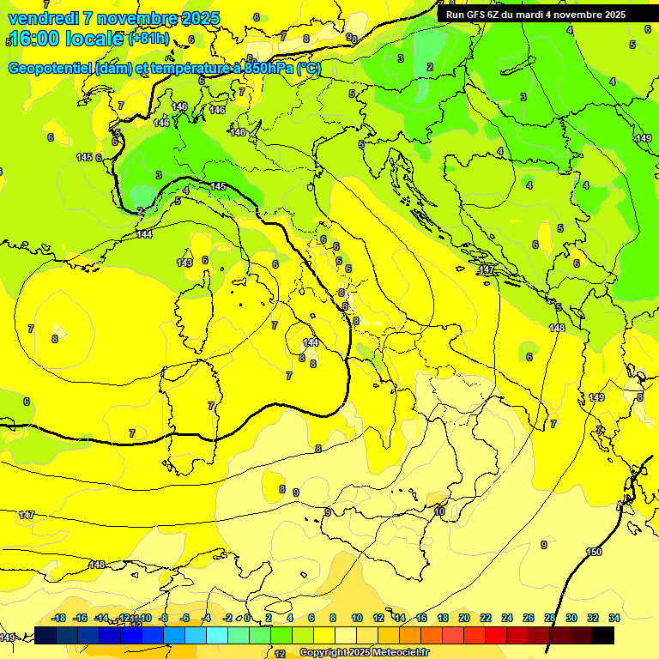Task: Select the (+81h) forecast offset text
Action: click(148, 39)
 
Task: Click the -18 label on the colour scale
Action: click(58, 618)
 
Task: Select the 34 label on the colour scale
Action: click(614, 618)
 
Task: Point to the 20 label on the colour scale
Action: click(463, 618)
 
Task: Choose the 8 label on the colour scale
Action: click(333, 618)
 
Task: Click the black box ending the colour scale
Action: click(602, 635)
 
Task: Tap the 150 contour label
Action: click(594, 552)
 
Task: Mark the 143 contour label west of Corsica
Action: click(184, 263)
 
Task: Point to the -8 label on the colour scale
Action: click(163, 618)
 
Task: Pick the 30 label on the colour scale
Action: click(571, 618)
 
